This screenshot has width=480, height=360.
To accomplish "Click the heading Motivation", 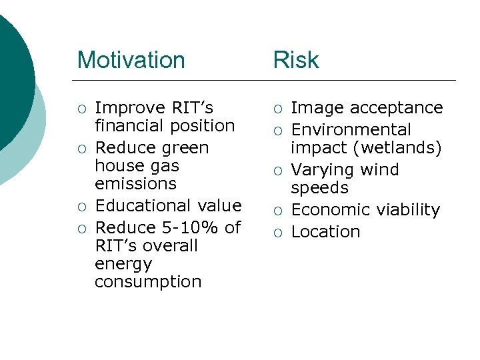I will pyautogui.click(x=131, y=60).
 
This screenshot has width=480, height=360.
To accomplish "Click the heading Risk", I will pyautogui.click(x=296, y=60).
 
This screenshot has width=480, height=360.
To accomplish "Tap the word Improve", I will pyautogui.click(x=131, y=108).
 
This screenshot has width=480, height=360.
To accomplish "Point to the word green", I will pyautogui.click(x=182, y=148).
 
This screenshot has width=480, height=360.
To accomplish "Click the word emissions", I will pyautogui.click(x=135, y=183).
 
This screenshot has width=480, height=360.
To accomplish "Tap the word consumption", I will pyautogui.click(x=148, y=281).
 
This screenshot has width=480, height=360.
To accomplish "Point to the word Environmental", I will pyautogui.click(x=351, y=129).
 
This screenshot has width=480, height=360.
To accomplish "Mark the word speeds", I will pyautogui.click(x=319, y=187).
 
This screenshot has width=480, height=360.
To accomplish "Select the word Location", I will pyautogui.click(x=325, y=231).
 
